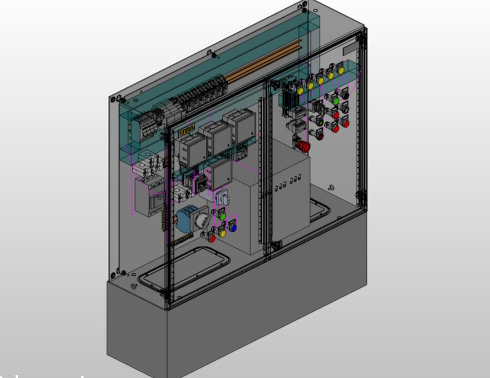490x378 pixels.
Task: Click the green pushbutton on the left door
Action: coord(222,215)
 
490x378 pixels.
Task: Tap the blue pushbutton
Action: coord(233,227)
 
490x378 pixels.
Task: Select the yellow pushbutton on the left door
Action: coord(222,233)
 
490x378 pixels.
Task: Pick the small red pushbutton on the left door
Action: coord(212,238)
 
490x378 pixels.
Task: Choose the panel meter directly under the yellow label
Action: coord(192,150)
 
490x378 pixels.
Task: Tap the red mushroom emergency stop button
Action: coord(305,146)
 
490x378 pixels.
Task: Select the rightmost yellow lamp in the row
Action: coord(341,71)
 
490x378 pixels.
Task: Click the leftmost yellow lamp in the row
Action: coord(301,90)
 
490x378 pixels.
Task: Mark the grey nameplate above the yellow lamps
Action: coord(350,49)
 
